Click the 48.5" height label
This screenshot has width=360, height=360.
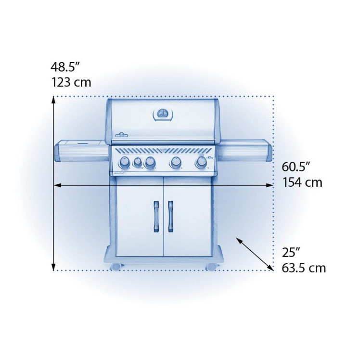[65, 67]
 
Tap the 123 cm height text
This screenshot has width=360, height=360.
[71, 82]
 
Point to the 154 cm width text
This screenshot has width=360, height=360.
[302, 182]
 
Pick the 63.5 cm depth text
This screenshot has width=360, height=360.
[304, 268]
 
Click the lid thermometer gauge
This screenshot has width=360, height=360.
[163, 114]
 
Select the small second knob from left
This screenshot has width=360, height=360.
[138, 162]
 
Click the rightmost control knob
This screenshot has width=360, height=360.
[201, 162]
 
